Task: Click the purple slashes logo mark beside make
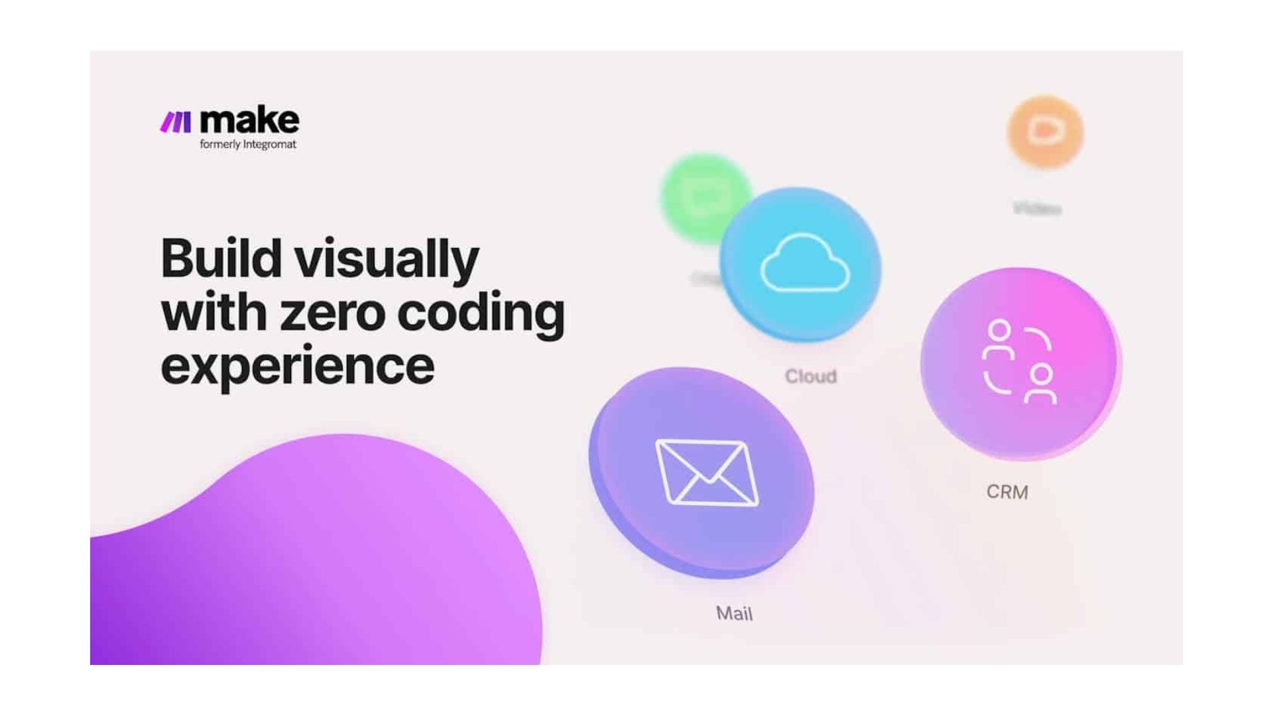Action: coord(176,122)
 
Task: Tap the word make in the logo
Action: coord(249,120)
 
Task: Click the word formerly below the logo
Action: coord(219,145)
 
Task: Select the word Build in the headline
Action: coord(221,259)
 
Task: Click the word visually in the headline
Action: coord(387,260)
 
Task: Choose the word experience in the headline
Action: coord(297,367)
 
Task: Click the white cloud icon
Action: coord(805,264)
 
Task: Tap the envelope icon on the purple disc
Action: coord(707,472)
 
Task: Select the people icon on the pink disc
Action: coord(1019,362)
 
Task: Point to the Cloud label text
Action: coord(810,377)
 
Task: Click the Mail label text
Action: coord(734,613)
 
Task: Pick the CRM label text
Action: coord(1007,492)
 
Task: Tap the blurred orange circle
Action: coord(1045,132)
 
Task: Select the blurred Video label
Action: coord(1037,209)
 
